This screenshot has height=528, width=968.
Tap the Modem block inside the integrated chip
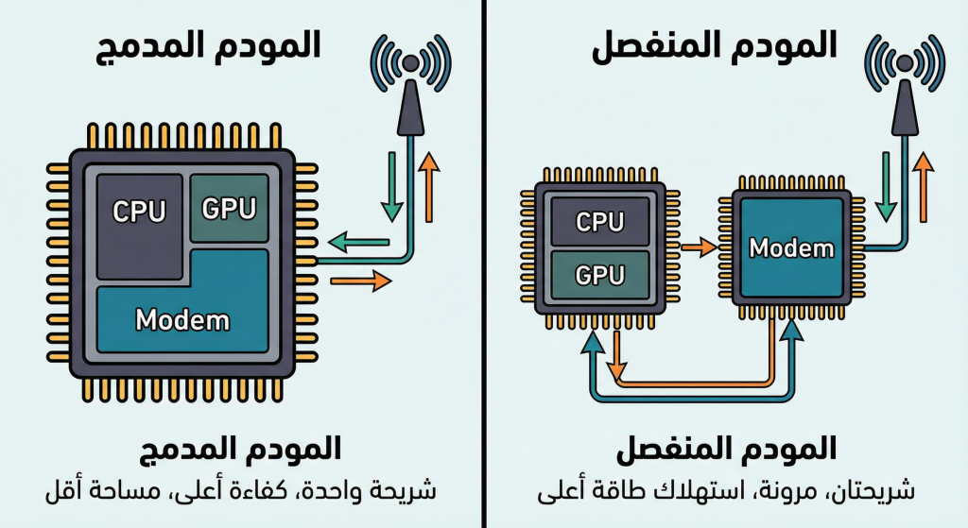[x=182, y=317]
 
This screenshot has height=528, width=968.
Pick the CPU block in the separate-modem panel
[x=600, y=222]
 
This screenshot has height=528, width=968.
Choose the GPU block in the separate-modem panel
[x=600, y=274]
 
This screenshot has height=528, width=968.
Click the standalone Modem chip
[x=791, y=248]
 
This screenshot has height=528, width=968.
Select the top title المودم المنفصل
[x=715, y=44]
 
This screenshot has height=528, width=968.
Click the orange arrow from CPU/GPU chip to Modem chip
[x=699, y=248]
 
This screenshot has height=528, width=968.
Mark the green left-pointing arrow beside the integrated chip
[x=364, y=243]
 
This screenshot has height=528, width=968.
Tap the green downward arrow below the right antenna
[x=887, y=184]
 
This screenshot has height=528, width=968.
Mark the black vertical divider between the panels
[x=483, y=264]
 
